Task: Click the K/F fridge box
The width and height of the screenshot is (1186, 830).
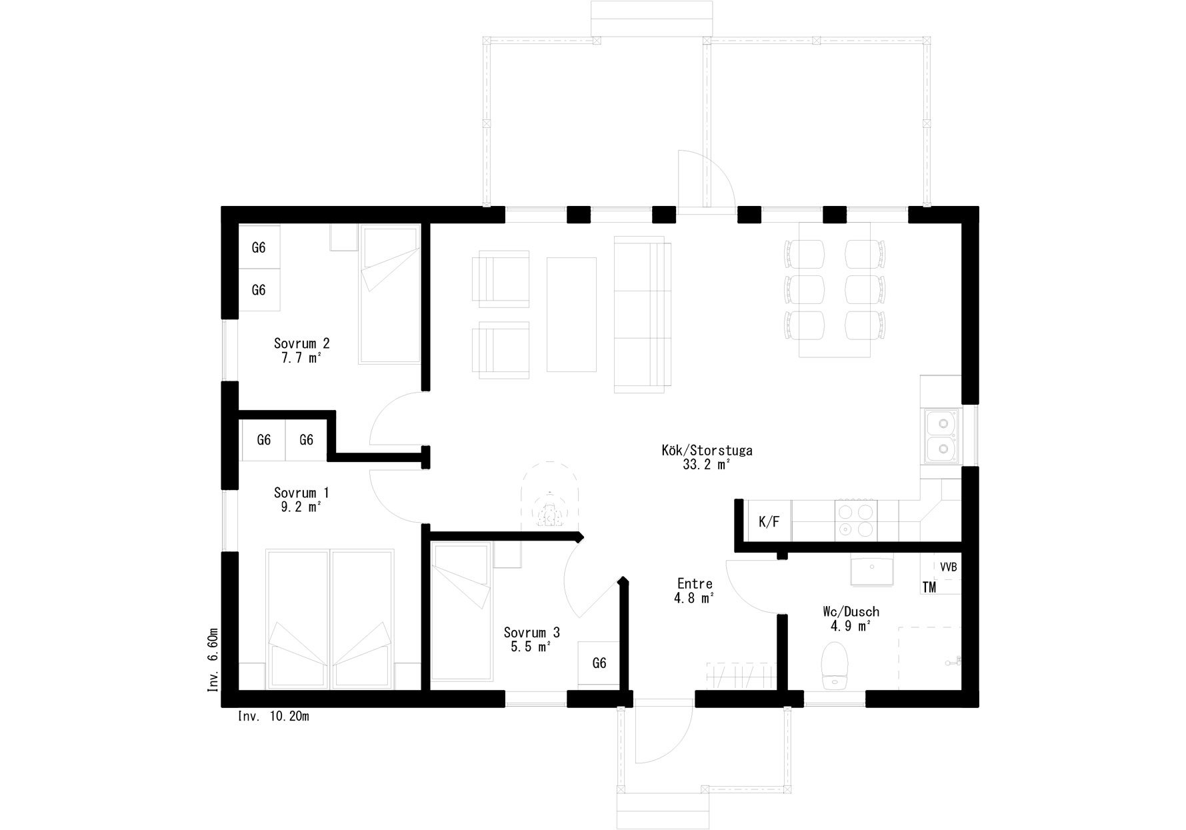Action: click(769, 521)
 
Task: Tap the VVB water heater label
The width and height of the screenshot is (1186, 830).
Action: click(948, 567)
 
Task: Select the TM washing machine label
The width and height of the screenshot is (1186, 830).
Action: click(929, 587)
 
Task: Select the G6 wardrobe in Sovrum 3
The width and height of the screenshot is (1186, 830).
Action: click(599, 664)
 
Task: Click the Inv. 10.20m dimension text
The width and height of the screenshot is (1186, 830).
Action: click(273, 717)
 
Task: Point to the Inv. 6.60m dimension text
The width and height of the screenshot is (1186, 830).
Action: click(213, 659)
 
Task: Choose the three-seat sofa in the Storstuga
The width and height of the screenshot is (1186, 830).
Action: click(642, 313)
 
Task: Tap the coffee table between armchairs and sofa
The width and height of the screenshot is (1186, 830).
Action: click(571, 314)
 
